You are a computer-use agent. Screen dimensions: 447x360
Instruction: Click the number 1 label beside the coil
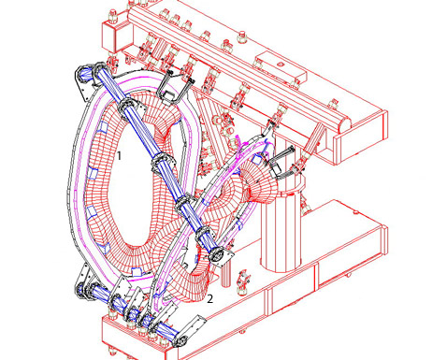tap(119, 155)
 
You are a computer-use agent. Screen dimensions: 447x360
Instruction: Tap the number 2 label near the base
tap(210, 299)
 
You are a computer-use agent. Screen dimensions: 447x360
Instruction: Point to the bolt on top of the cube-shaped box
tap(113, 16)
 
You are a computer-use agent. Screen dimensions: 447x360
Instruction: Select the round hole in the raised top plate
tap(281, 65)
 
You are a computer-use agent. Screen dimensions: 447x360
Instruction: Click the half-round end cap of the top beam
tap(343, 123)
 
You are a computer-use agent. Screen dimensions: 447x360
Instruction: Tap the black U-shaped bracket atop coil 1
tap(174, 86)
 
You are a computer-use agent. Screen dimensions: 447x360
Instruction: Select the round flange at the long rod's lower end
tap(220, 255)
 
